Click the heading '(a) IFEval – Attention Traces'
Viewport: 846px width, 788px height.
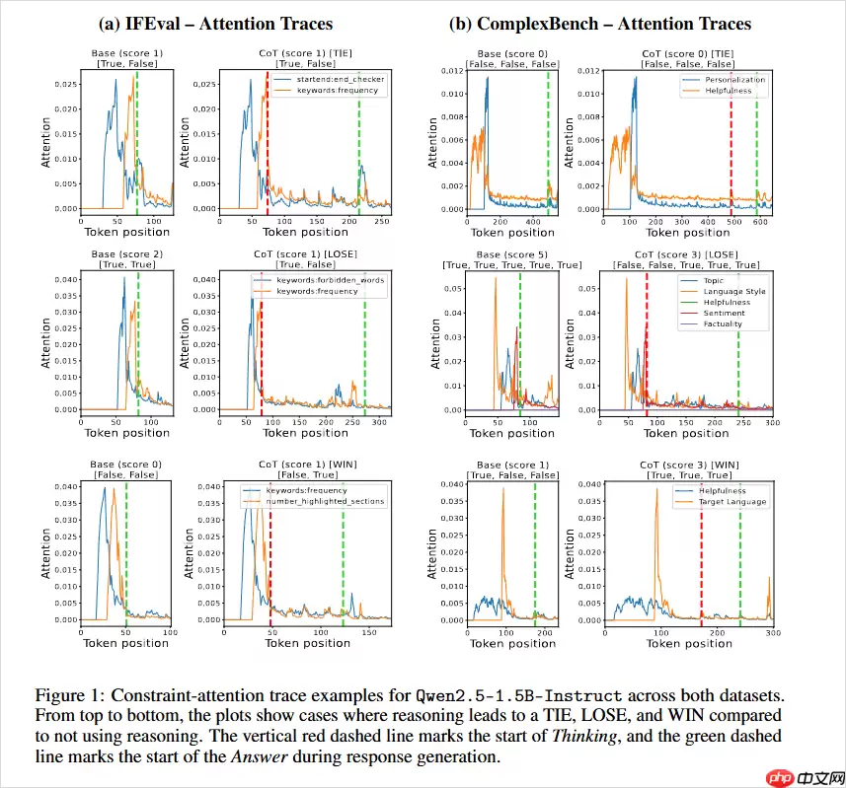[x=216, y=24]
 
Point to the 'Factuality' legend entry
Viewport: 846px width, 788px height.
[x=723, y=323]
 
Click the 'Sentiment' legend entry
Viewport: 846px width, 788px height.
[x=723, y=313]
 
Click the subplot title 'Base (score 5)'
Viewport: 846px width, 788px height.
[x=512, y=255]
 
